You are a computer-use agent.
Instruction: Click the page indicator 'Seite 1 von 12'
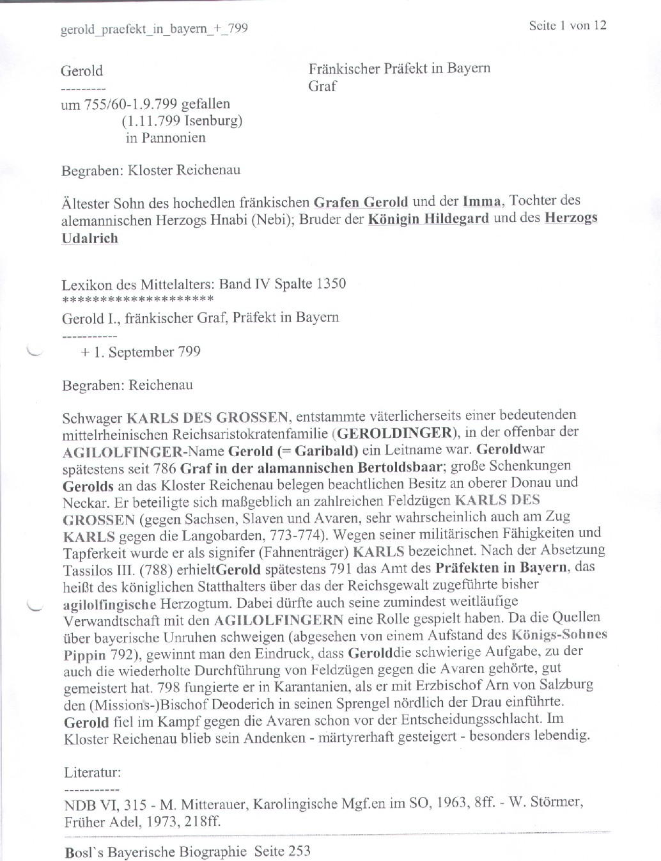pos(567,26)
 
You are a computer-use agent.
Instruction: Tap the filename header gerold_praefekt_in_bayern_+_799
pos(154,29)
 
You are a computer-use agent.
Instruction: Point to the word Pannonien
pos(174,138)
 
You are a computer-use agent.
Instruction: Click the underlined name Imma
pos(481,201)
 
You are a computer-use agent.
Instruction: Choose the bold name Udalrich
pos(89,239)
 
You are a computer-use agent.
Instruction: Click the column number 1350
pos(331,283)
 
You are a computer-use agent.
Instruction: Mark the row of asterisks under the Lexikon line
pos(137,298)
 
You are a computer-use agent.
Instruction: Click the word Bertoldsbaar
pos(401,466)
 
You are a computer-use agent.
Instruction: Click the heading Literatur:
pos(92,772)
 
